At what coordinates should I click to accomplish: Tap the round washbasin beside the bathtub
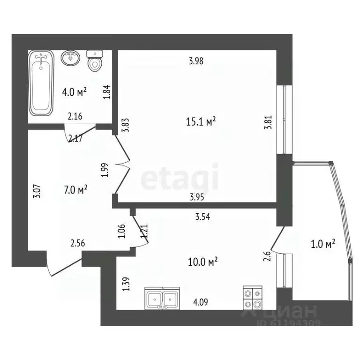[x=71, y=59]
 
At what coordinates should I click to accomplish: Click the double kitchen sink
[x=161, y=298]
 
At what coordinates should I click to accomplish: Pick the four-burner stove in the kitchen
[x=253, y=297]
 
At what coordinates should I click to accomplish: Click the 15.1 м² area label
[x=201, y=122]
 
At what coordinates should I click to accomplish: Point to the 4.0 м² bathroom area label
[x=75, y=92]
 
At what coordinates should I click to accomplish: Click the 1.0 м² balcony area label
[x=323, y=244]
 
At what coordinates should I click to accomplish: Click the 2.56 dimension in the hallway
[x=78, y=243]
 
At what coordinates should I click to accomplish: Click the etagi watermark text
[x=180, y=178]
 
